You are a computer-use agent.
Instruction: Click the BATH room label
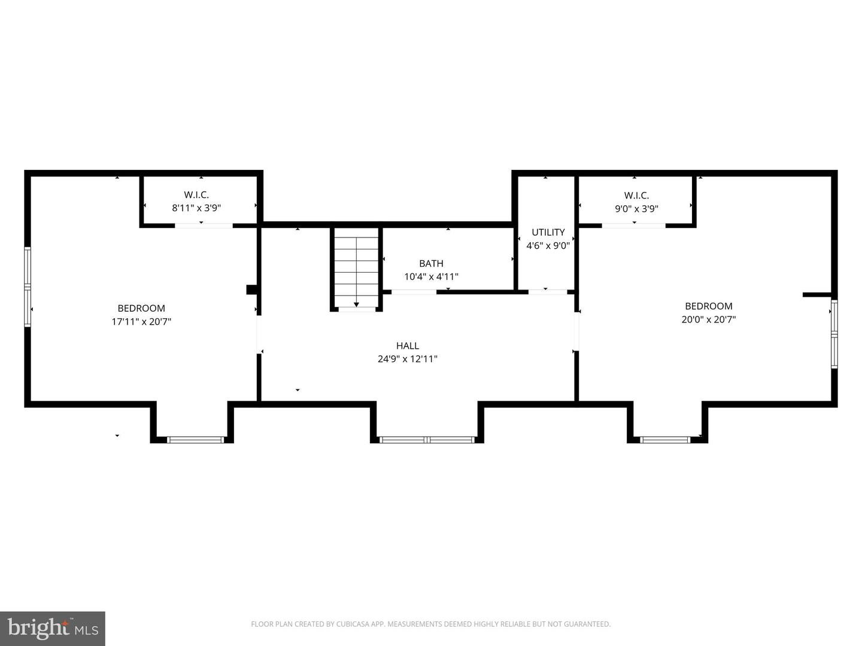coord(431,263)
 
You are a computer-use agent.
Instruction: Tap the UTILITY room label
coord(548,232)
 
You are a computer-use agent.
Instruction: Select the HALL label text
coord(407,346)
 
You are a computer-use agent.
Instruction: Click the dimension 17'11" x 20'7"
coord(141,322)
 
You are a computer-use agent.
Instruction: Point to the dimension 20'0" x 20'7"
coord(708,319)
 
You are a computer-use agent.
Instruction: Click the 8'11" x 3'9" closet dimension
coord(196,208)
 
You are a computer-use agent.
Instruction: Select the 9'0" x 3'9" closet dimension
coord(636,209)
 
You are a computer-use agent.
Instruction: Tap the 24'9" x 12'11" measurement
coord(407,359)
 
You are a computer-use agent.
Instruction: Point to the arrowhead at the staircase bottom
coord(356,305)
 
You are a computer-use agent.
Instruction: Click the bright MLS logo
coord(53,629)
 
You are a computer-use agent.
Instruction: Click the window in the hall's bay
coord(427,440)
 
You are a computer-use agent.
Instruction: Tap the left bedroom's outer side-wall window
coord(28,287)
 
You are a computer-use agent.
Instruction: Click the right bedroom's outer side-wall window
coord(834,334)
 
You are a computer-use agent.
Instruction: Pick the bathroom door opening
coord(414,292)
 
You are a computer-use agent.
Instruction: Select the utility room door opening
coord(548,292)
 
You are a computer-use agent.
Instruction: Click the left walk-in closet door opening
coord(204,226)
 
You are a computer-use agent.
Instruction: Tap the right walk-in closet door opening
coord(633,226)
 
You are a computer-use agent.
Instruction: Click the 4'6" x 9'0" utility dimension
coord(548,245)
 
